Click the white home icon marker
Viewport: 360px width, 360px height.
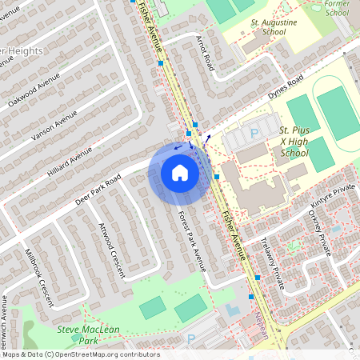[180, 173]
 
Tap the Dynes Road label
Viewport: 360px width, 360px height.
[287, 86]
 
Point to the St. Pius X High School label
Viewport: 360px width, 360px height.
[294, 141]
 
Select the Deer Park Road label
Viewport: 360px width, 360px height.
[98, 189]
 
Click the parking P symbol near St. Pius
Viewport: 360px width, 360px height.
[255, 134]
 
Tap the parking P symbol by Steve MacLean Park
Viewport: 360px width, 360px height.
[191, 338]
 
